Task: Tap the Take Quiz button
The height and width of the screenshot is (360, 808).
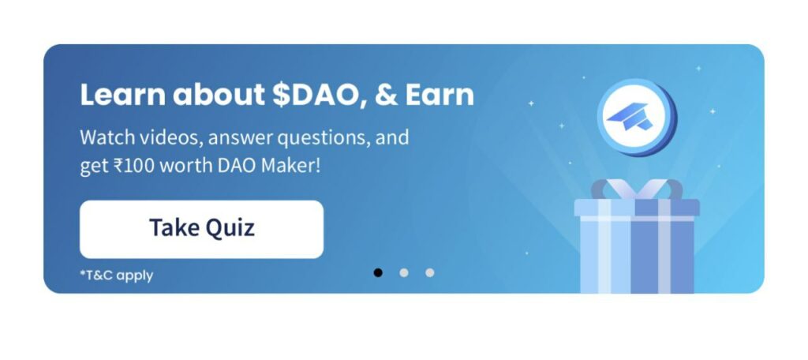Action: click(201, 229)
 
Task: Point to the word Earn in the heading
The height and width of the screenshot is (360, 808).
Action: click(439, 95)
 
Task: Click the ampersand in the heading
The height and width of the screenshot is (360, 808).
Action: click(386, 96)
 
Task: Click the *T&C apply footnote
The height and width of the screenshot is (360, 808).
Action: click(117, 276)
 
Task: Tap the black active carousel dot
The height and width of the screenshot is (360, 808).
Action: click(378, 272)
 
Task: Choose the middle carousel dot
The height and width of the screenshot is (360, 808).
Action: click(403, 272)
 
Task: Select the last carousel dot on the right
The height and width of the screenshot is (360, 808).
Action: click(429, 272)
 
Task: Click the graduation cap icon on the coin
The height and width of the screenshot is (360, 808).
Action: click(630, 116)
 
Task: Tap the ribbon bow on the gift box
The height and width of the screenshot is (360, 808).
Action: click(637, 189)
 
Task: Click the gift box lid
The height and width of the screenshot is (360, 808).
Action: click(637, 208)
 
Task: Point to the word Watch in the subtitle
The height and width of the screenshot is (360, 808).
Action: click(107, 137)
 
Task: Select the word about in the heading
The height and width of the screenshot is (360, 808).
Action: click(219, 95)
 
